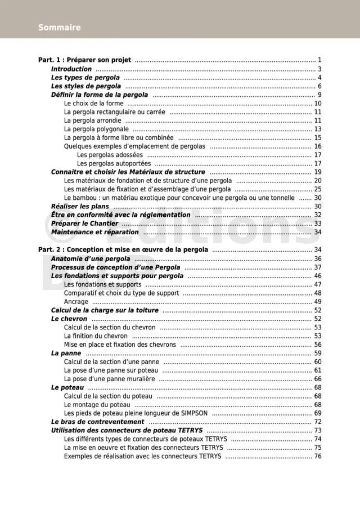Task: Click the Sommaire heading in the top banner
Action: [x=59, y=27]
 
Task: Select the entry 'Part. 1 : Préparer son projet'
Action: [x=84, y=60]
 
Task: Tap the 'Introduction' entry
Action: [x=71, y=69]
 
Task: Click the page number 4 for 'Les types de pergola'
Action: [x=319, y=77]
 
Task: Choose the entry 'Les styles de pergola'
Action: [x=86, y=86]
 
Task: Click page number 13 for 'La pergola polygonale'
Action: [x=317, y=129]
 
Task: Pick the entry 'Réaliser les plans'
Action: [x=80, y=207]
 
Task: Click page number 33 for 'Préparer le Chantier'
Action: [x=317, y=224]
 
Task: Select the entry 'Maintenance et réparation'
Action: [x=94, y=232]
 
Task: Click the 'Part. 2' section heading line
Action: [x=123, y=249]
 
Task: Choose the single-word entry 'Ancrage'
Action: [x=76, y=301]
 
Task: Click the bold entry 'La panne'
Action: [x=66, y=353]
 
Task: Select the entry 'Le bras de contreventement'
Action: [x=97, y=422]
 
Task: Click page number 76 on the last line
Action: [x=317, y=456]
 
